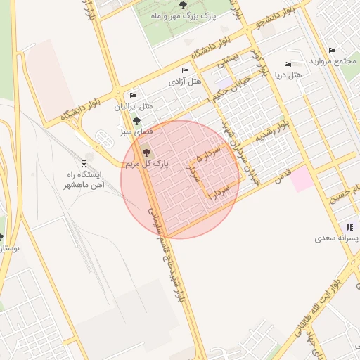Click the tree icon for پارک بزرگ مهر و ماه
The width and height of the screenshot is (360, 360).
click(184, 6)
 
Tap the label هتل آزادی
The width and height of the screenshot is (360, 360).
click(184, 82)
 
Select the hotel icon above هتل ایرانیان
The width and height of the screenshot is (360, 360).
click(133, 96)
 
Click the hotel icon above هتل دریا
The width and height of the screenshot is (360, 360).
click(287, 64)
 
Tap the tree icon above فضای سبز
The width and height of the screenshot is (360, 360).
click(136, 121)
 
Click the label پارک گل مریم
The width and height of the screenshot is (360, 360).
click(147, 164)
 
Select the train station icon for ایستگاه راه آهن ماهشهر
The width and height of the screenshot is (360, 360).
click(84, 163)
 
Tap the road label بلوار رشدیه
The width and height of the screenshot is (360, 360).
click(271, 131)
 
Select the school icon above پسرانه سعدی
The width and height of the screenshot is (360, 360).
click(349, 227)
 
